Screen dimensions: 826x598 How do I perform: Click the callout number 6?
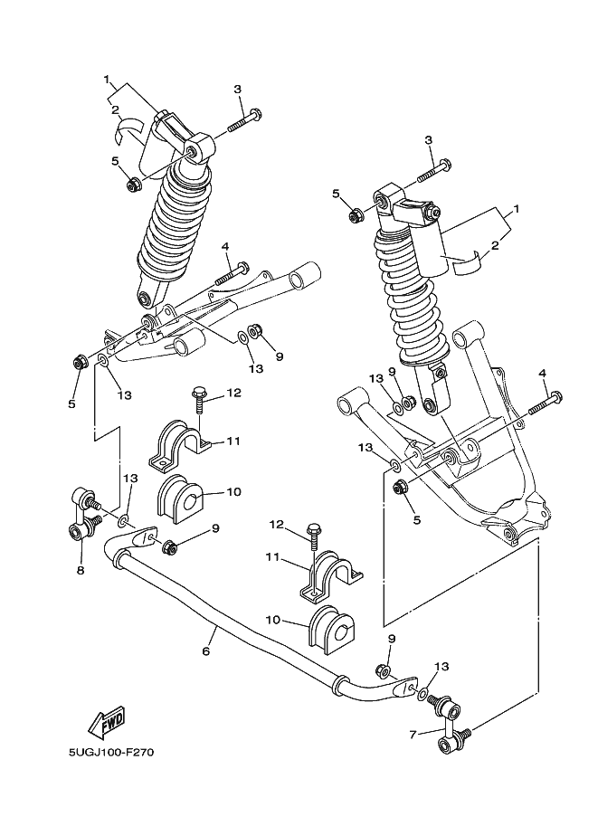click(x=206, y=650)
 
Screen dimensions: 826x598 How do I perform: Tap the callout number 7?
click(x=413, y=735)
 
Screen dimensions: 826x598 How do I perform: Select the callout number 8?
click(x=81, y=571)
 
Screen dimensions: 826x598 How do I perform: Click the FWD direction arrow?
click(x=106, y=721)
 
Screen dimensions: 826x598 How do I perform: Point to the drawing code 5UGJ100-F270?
click(x=104, y=753)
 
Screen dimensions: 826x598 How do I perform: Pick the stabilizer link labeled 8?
click(x=82, y=514)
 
